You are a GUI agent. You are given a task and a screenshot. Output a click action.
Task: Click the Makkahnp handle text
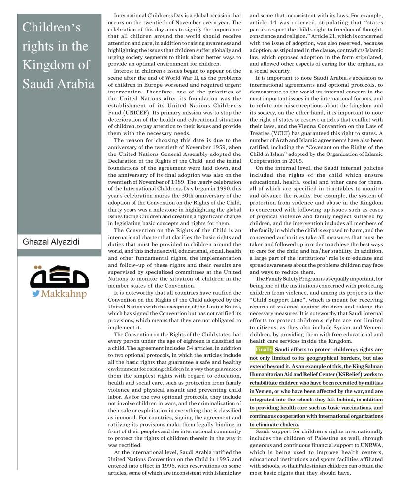pos(65,294)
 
